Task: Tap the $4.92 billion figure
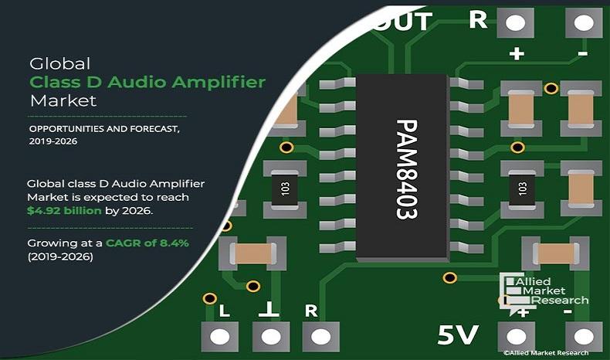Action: (x=64, y=211)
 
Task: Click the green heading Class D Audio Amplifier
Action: (x=147, y=82)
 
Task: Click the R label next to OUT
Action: (x=479, y=20)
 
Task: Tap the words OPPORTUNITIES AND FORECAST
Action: (x=103, y=128)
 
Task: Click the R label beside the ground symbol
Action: (x=311, y=311)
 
